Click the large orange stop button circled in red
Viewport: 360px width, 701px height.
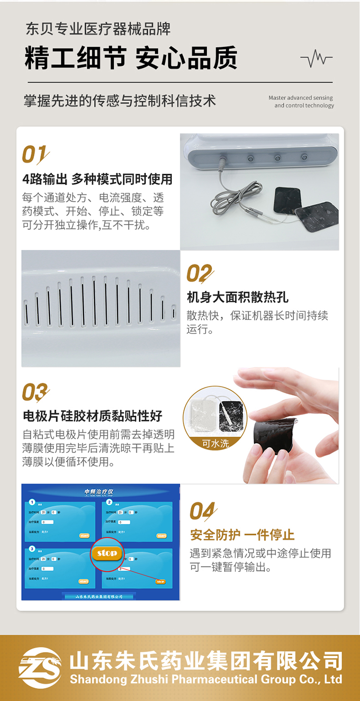point(107,553)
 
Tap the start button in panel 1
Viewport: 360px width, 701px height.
point(84,535)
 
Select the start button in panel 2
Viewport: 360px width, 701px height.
point(162,535)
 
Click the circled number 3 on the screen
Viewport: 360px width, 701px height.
point(32,548)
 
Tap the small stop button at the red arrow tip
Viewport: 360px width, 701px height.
point(160,582)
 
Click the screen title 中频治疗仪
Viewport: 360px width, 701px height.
point(99,492)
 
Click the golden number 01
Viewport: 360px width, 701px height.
point(35,155)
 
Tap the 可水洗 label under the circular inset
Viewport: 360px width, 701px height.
point(216,444)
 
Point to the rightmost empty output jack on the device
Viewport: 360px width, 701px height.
point(304,157)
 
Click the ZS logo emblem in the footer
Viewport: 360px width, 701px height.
point(40,667)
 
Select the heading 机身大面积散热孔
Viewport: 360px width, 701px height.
point(238,297)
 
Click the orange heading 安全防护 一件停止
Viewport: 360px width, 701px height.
point(242,535)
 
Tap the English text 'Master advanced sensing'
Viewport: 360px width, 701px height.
point(300,98)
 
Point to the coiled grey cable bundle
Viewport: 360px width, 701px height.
point(226,197)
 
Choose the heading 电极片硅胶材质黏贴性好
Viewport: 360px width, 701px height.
point(93,416)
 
